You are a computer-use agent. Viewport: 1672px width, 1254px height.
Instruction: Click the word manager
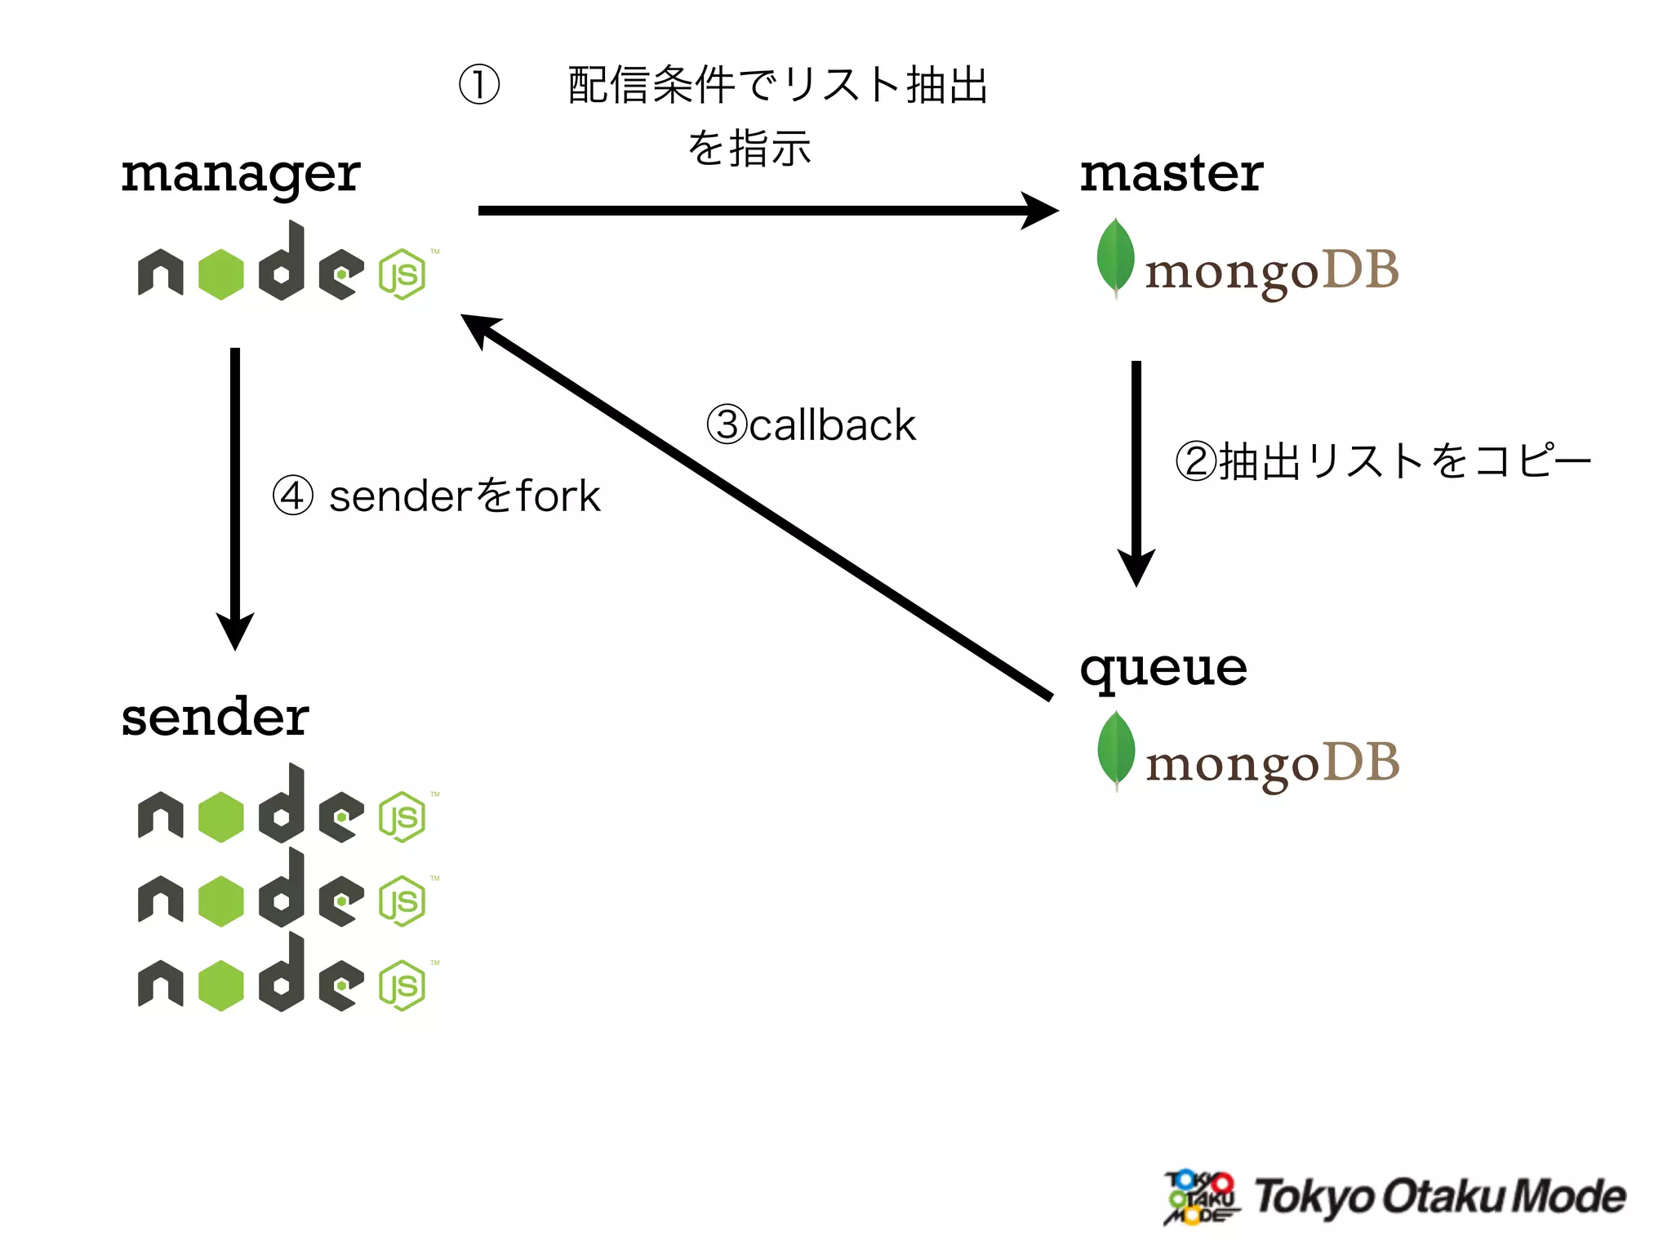[x=240, y=176]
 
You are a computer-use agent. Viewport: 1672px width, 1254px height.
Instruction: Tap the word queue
[x=1163, y=669]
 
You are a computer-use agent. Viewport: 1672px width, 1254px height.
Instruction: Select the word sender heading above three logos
[x=215, y=718]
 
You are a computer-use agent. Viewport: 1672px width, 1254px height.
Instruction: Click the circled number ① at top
[x=479, y=85]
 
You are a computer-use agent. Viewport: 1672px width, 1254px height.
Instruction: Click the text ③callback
[x=811, y=425]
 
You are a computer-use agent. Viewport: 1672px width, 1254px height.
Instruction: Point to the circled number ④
[x=292, y=496]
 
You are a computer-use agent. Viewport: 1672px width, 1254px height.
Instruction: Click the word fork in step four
[x=558, y=496]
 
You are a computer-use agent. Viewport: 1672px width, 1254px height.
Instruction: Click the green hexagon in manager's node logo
[x=221, y=274]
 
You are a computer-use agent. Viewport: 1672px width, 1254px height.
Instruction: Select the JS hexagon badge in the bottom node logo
[x=402, y=986]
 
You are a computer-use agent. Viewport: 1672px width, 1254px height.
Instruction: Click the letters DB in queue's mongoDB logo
[x=1360, y=763]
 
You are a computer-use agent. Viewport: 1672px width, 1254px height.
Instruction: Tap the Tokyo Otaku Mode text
[x=1439, y=1197]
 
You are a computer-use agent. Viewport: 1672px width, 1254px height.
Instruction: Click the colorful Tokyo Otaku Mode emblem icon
[x=1200, y=1198]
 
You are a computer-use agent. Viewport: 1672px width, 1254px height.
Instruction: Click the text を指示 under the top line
[x=749, y=149]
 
